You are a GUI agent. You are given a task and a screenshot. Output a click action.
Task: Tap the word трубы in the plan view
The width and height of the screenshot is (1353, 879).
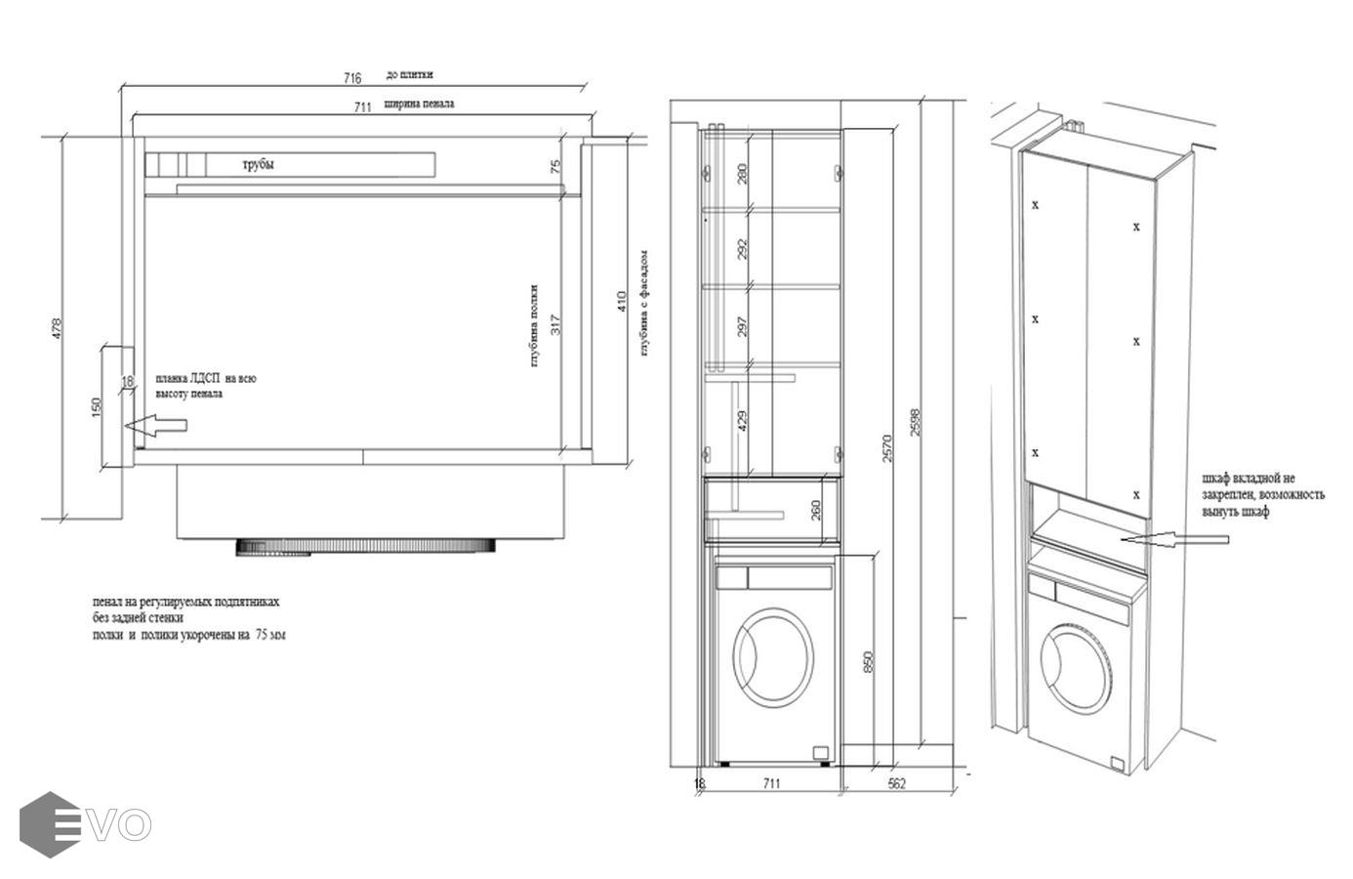258,164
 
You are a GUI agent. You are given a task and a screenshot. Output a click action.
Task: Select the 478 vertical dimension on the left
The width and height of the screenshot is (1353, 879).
57,326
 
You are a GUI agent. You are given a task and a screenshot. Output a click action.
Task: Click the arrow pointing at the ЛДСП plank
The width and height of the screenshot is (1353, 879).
156,425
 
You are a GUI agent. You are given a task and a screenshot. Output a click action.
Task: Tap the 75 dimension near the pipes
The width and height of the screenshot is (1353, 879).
555,167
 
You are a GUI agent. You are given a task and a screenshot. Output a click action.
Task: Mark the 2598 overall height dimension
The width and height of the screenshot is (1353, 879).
915,422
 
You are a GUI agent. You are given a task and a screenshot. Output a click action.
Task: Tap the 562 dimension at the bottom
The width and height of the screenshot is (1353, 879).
897,782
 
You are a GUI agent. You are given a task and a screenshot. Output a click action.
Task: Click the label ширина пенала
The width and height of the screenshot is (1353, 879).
419,103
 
